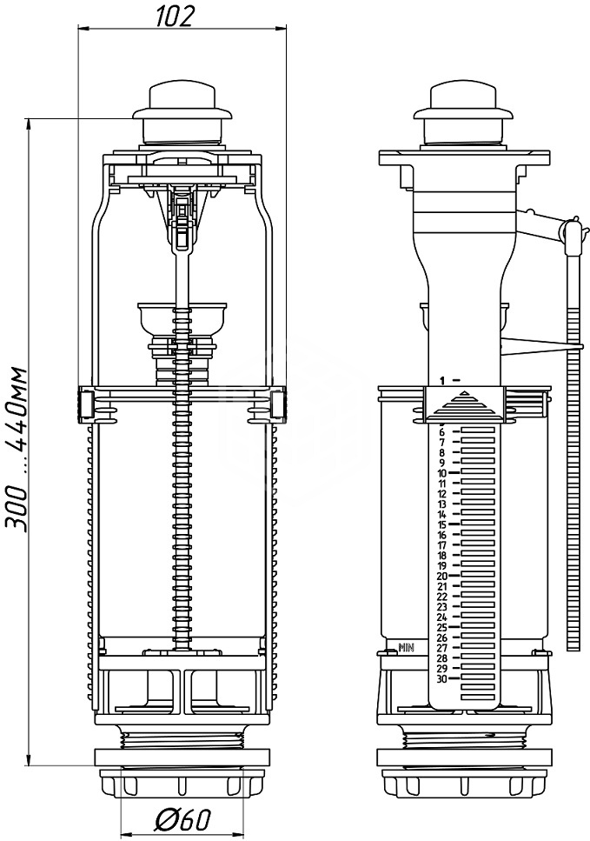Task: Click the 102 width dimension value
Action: pos(174,17)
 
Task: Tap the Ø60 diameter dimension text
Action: pos(183,818)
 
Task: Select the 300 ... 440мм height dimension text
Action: pos(17,449)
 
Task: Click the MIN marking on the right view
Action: pos(407,648)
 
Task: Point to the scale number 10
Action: pos(442,473)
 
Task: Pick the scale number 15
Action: pos(442,524)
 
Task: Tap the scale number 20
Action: pos(442,576)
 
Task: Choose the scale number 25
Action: pos(442,628)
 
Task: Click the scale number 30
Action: pos(442,679)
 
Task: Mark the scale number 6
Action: pos(442,432)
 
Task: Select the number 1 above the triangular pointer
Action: pos(442,380)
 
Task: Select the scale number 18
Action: pos(442,556)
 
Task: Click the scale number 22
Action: pos(442,597)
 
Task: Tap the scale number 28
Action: pos(442,658)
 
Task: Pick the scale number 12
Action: pos(442,494)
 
